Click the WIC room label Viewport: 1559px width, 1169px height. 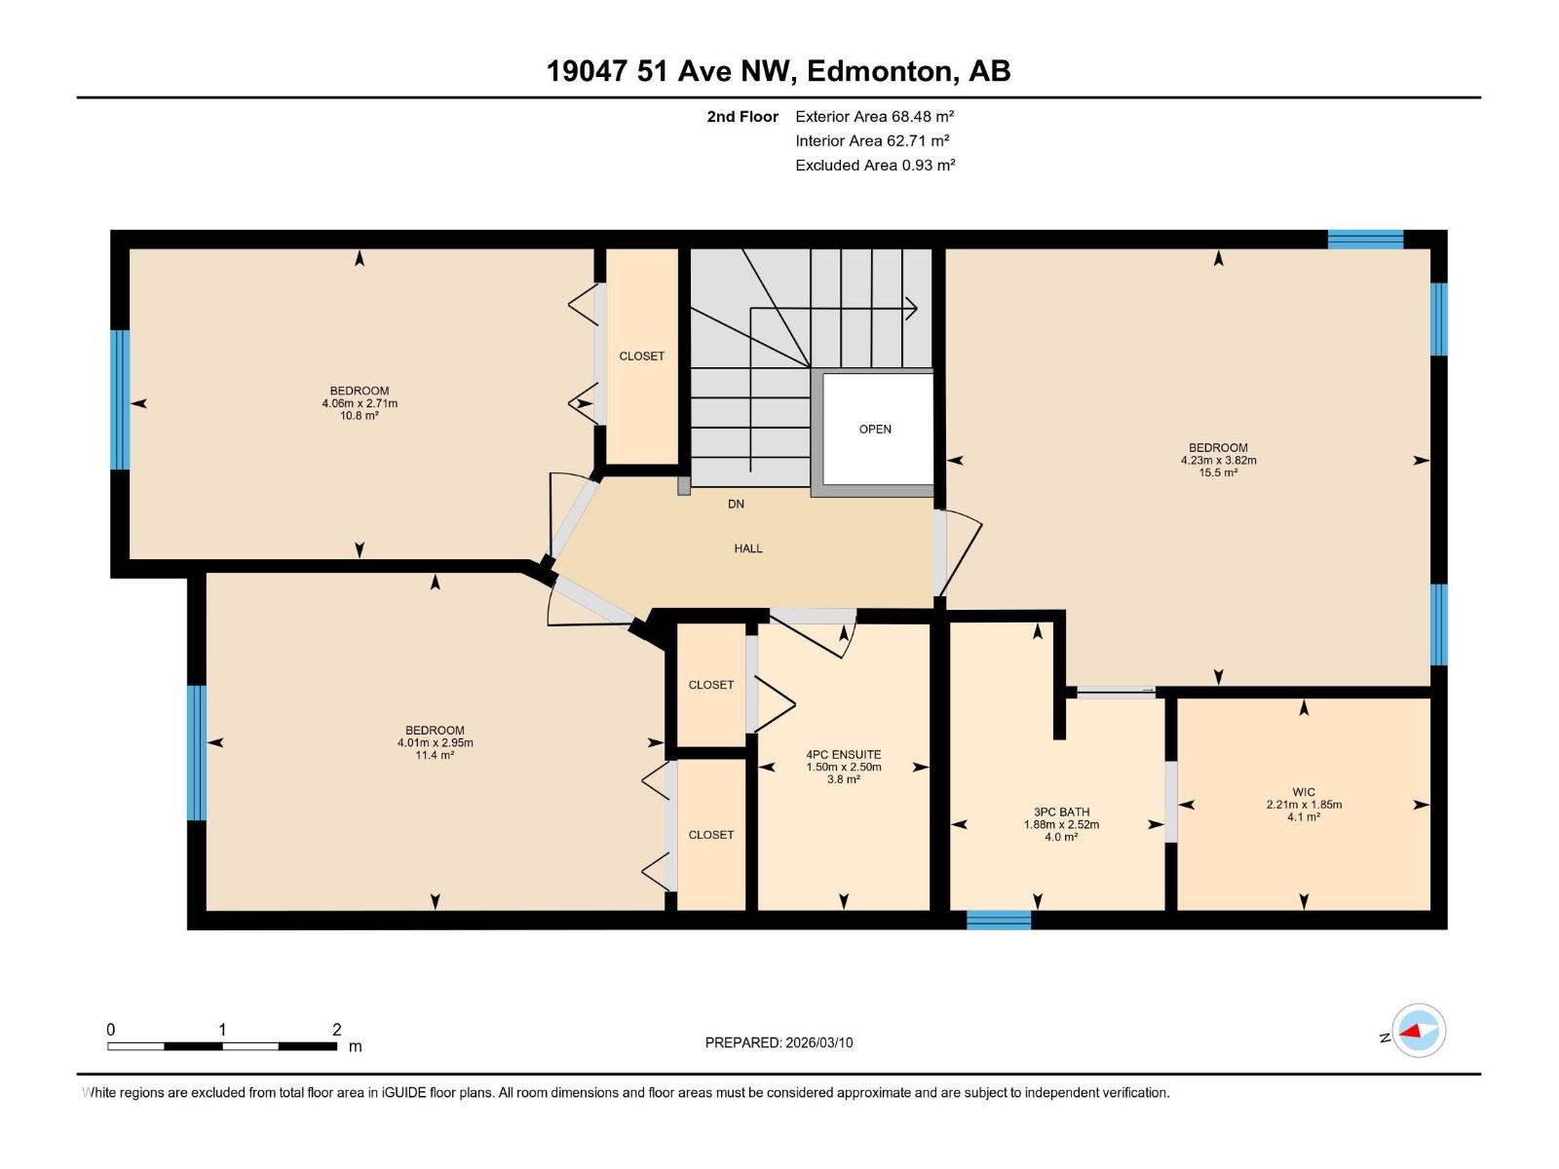click(x=1304, y=792)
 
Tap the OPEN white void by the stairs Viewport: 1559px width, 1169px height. click(x=875, y=429)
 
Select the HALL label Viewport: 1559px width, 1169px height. click(x=748, y=548)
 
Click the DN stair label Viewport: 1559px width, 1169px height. click(x=736, y=504)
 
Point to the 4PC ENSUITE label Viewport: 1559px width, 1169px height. click(x=843, y=754)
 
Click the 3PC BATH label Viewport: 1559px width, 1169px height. click(x=1061, y=811)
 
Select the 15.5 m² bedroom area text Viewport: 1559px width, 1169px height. click(x=1218, y=472)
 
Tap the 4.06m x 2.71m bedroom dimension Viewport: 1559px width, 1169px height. click(x=360, y=403)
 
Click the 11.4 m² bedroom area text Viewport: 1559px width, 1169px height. click(x=435, y=755)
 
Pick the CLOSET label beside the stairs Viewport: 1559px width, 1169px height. click(x=642, y=356)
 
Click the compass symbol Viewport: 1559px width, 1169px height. click(x=1419, y=1031)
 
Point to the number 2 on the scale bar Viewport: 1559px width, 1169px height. click(x=336, y=1030)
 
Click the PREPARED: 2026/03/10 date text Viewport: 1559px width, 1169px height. click(x=779, y=1042)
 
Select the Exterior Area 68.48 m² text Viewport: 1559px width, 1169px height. click(x=874, y=116)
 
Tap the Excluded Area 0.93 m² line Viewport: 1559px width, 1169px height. click(x=874, y=165)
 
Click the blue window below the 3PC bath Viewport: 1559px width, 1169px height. click(x=999, y=920)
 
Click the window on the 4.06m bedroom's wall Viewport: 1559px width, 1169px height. click(x=120, y=399)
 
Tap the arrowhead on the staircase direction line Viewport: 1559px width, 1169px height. click(x=912, y=309)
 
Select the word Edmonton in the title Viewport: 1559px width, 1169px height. click(x=880, y=71)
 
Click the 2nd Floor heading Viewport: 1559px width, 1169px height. click(x=742, y=117)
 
